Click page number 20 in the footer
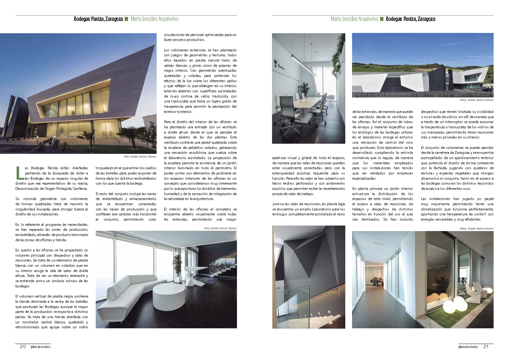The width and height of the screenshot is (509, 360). click(23, 346)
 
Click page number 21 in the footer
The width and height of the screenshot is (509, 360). click(486, 346)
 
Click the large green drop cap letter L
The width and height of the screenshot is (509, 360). click(19, 173)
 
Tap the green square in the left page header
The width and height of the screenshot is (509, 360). click(126, 19)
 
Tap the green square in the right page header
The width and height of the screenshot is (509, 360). click(382, 19)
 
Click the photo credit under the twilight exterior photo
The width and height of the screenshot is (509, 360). click(140, 157)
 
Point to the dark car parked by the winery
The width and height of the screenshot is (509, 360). click(487, 90)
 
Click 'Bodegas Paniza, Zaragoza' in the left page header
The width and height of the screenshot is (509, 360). click(98, 19)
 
